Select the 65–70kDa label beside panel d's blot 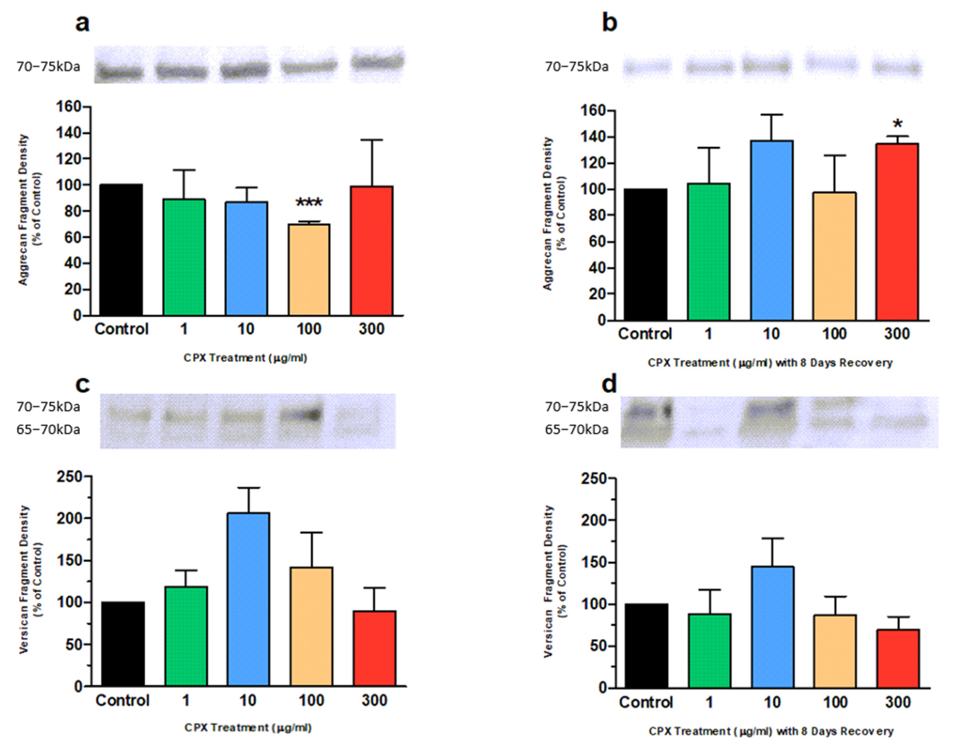(576, 430)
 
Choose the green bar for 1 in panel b (709, 252)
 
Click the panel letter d (609, 384)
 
